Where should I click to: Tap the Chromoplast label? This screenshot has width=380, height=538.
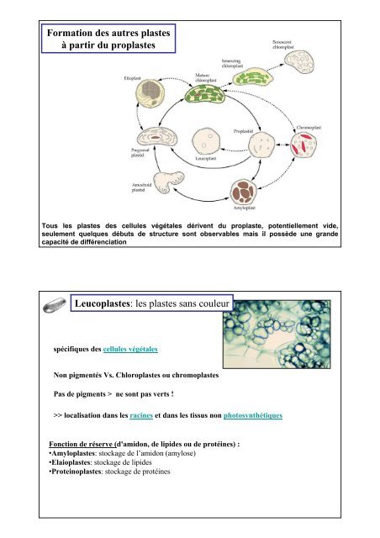(x=309, y=127)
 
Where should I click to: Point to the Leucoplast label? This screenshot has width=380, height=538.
(x=206, y=158)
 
